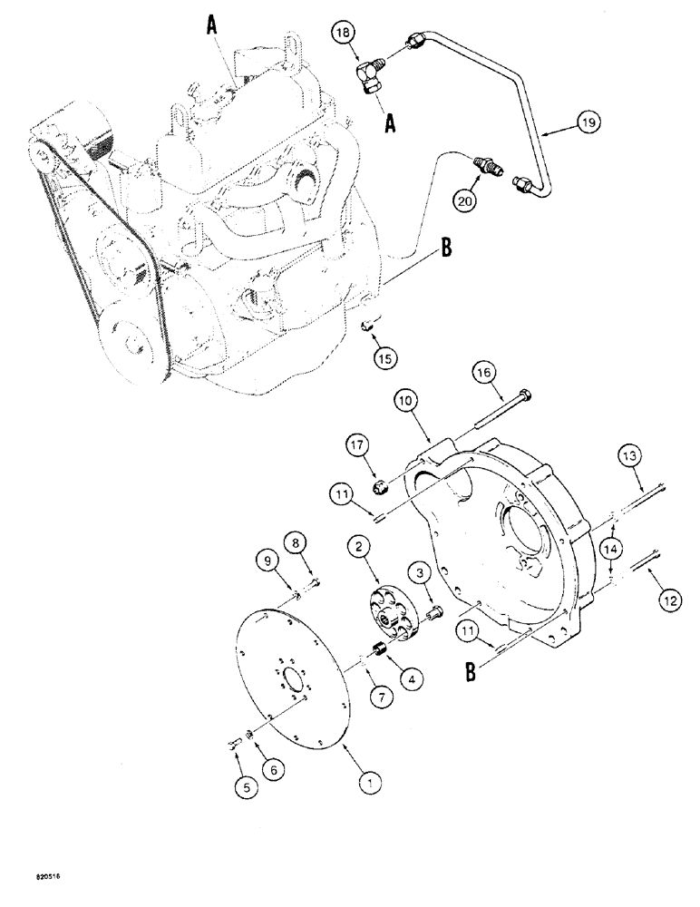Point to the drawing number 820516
[x=31, y=892]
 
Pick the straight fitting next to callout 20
[x=489, y=167]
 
